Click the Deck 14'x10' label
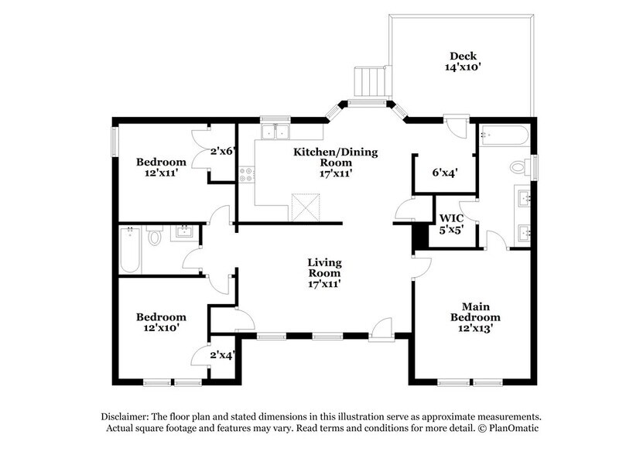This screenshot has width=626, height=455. (x=463, y=62)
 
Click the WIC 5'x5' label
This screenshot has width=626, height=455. (x=451, y=224)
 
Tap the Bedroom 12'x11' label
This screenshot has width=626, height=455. (x=161, y=168)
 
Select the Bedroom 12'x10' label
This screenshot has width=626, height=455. (x=161, y=323)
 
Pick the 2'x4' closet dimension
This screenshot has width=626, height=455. (x=223, y=354)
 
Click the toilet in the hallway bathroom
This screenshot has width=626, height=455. (x=153, y=236)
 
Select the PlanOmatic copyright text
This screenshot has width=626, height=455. (x=512, y=429)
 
